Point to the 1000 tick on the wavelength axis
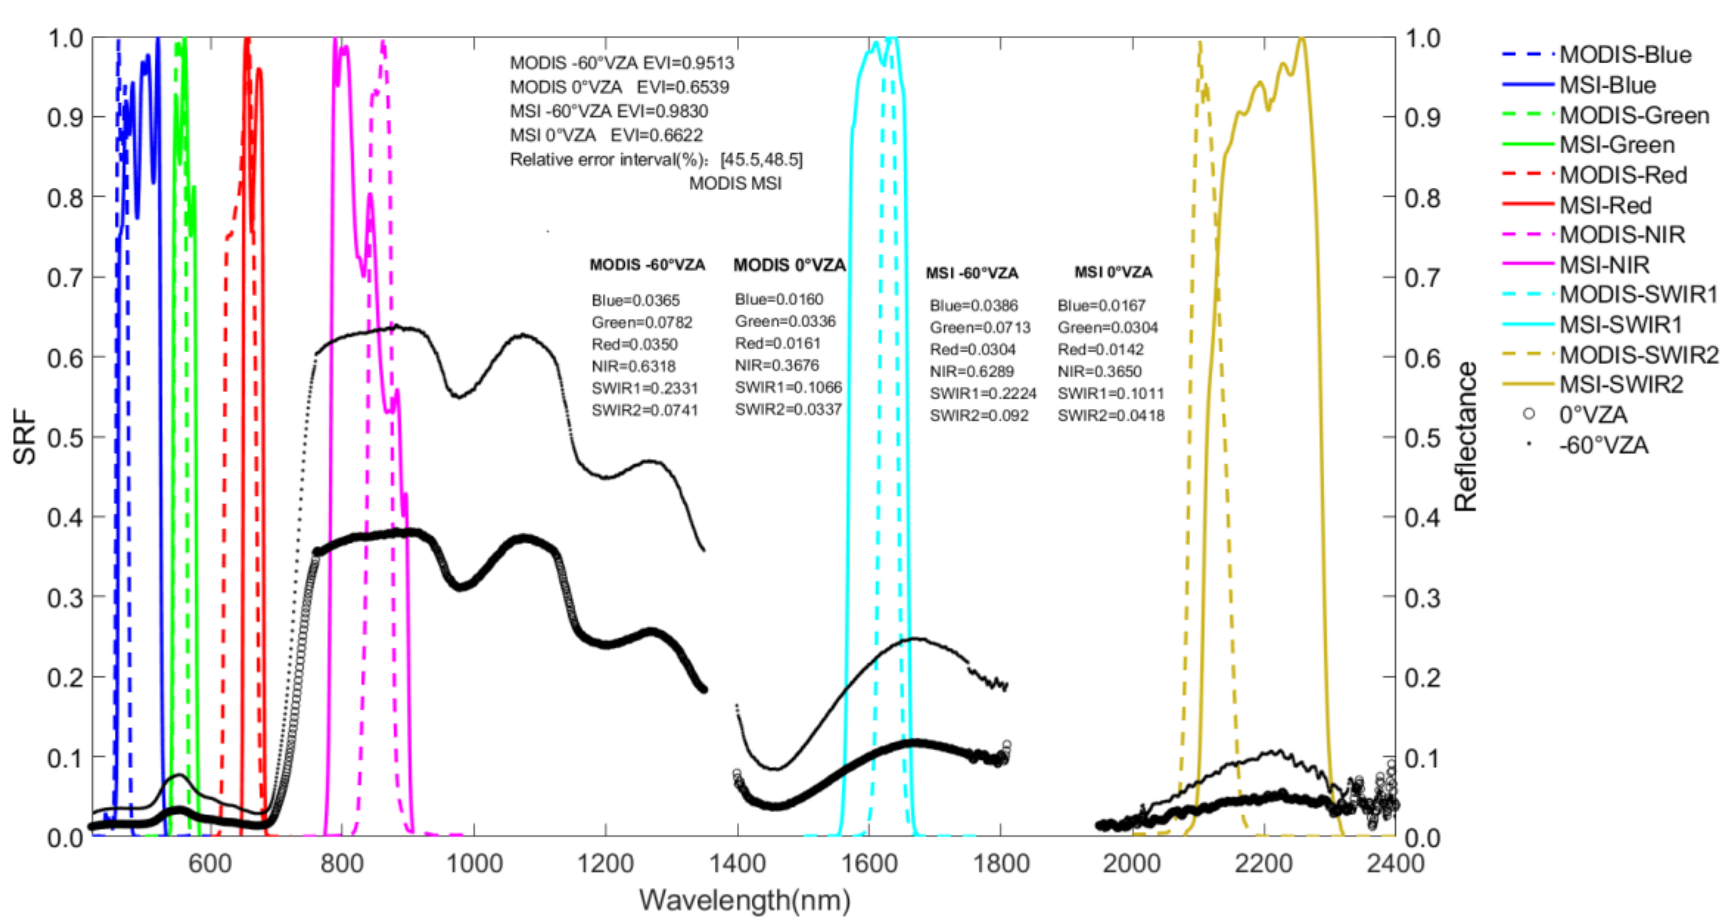pos(475,864)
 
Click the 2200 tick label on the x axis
pos(1263,864)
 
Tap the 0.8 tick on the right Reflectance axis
pos(1422,198)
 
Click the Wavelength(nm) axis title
pos(744,900)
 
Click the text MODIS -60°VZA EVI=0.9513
pos(621,63)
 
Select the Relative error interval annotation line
pos(656,160)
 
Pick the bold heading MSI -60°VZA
pos(971,273)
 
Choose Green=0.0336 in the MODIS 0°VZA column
pos(785,321)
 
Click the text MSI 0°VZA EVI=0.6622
pos(606,136)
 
